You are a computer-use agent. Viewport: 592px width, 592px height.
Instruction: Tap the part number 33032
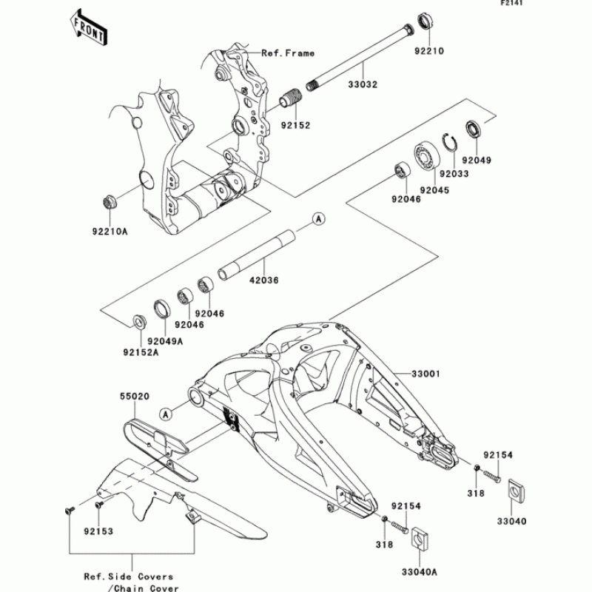click(x=363, y=84)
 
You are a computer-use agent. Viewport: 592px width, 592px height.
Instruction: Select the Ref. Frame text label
click(x=287, y=53)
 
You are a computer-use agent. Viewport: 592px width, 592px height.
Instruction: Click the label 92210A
click(x=110, y=232)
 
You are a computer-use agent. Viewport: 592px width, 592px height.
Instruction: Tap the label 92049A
click(x=164, y=340)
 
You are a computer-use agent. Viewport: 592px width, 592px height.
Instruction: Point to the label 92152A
click(x=140, y=352)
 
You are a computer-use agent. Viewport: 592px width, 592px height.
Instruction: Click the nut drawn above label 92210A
click(x=107, y=201)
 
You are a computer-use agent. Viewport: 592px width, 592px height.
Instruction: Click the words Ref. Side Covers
click(x=128, y=576)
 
